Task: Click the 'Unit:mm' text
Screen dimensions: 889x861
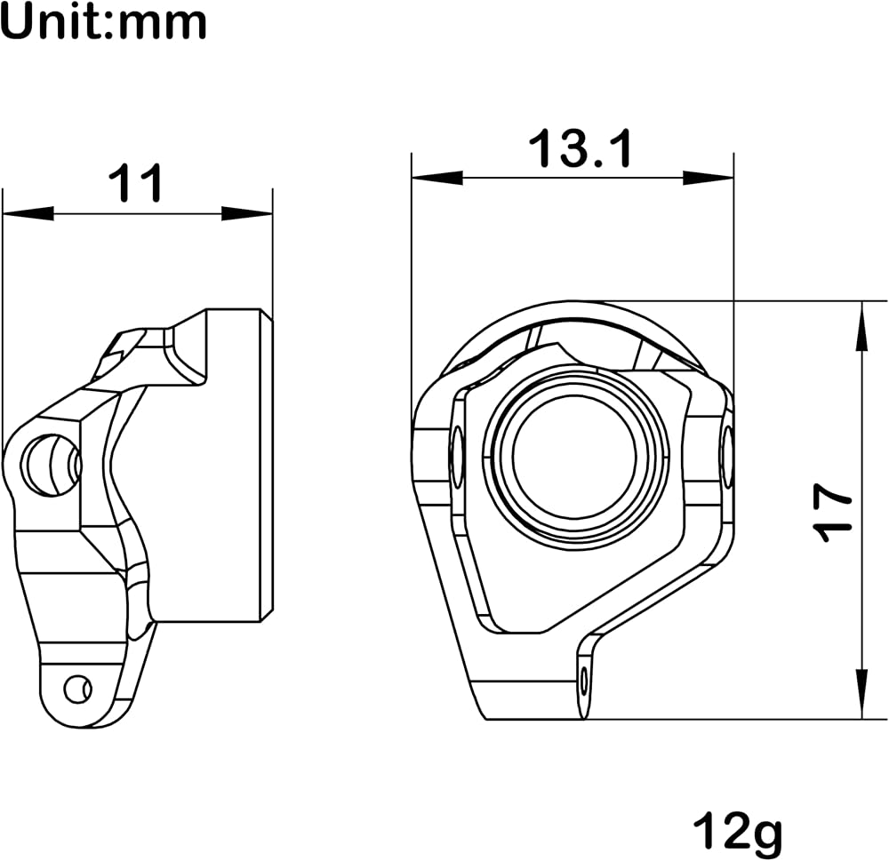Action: click(104, 22)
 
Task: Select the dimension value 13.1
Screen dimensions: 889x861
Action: click(580, 147)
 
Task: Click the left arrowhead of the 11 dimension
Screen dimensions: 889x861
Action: click(28, 213)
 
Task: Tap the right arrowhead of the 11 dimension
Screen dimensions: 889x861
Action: click(246, 213)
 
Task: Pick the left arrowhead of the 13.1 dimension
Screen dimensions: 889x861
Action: click(437, 178)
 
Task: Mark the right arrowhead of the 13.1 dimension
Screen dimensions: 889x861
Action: click(709, 178)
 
